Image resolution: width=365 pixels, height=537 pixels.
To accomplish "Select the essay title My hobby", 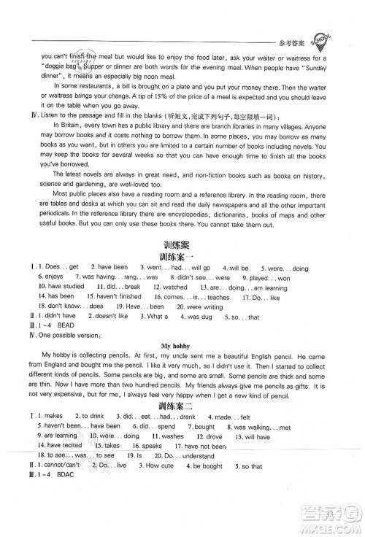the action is [182, 360].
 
